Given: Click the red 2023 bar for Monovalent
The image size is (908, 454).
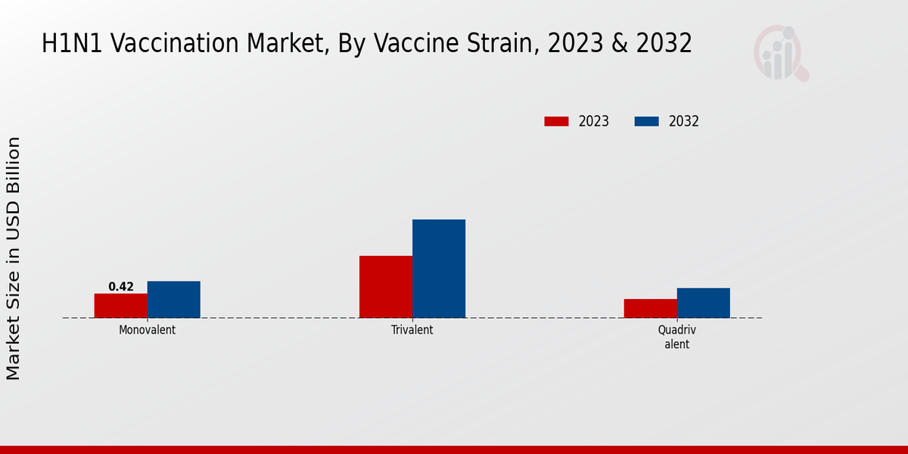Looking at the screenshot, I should tap(121, 306).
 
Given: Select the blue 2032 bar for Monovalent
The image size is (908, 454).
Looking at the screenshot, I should tap(174, 300).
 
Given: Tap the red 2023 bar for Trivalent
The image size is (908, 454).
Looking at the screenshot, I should tap(386, 287).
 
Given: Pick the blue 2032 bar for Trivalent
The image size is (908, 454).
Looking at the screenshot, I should tap(439, 269).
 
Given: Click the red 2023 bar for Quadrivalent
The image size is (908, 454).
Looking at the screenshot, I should tap(651, 309).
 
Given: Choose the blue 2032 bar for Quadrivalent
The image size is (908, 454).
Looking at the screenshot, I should tap(704, 303).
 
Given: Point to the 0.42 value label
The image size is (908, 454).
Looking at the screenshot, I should tap(121, 287).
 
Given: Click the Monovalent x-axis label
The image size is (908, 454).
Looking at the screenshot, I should tap(148, 331).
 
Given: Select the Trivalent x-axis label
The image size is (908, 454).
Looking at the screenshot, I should tap(412, 331).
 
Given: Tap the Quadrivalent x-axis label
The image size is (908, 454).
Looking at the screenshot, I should tap(677, 337).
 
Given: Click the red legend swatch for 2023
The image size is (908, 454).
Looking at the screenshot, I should tap(556, 121).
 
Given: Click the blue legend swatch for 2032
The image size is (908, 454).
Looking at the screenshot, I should tap(646, 121).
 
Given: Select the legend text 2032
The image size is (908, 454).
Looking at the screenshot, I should tap(684, 121).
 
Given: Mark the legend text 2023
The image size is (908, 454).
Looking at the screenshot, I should tap(594, 121).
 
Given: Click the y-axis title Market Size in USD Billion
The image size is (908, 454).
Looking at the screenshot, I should tap(14, 257).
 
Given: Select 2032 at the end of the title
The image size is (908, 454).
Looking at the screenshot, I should tap(664, 44).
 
